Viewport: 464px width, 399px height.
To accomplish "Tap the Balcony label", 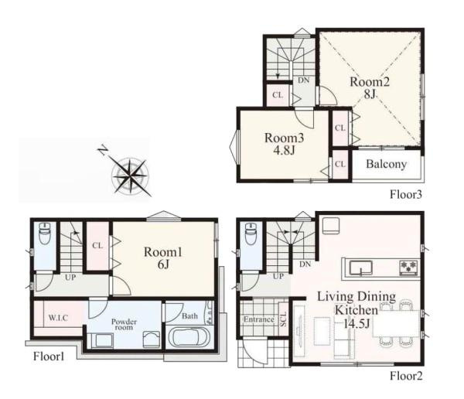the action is (386, 164).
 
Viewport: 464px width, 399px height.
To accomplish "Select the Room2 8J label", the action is (370, 88).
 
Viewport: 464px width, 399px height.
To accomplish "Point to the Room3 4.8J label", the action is (284, 144).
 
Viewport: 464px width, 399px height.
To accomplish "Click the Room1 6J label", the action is (163, 257).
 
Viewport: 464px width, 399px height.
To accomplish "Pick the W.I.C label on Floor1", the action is (58, 318).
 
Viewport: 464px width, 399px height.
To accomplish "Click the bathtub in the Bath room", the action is (188, 337).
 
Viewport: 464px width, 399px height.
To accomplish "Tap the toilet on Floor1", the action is (45, 234).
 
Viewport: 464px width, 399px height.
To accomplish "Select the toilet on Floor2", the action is (251, 234).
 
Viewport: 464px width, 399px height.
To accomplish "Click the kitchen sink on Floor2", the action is (360, 268).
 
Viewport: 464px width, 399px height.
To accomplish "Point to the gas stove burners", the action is (408, 268).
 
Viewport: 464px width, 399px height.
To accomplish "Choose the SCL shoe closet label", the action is (284, 319).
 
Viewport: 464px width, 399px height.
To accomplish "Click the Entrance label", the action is (258, 319).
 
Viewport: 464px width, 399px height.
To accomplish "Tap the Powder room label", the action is (124, 325).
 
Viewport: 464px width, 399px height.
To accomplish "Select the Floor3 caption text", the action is (406, 194).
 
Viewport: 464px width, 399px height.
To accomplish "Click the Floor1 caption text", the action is (49, 356).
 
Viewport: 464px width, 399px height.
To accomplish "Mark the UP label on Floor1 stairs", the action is (70, 278).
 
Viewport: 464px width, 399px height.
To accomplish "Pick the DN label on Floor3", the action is (304, 80).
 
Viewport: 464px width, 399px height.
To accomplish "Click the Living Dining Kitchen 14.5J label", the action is (357, 310).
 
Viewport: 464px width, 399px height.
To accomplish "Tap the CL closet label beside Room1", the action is (97, 245).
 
